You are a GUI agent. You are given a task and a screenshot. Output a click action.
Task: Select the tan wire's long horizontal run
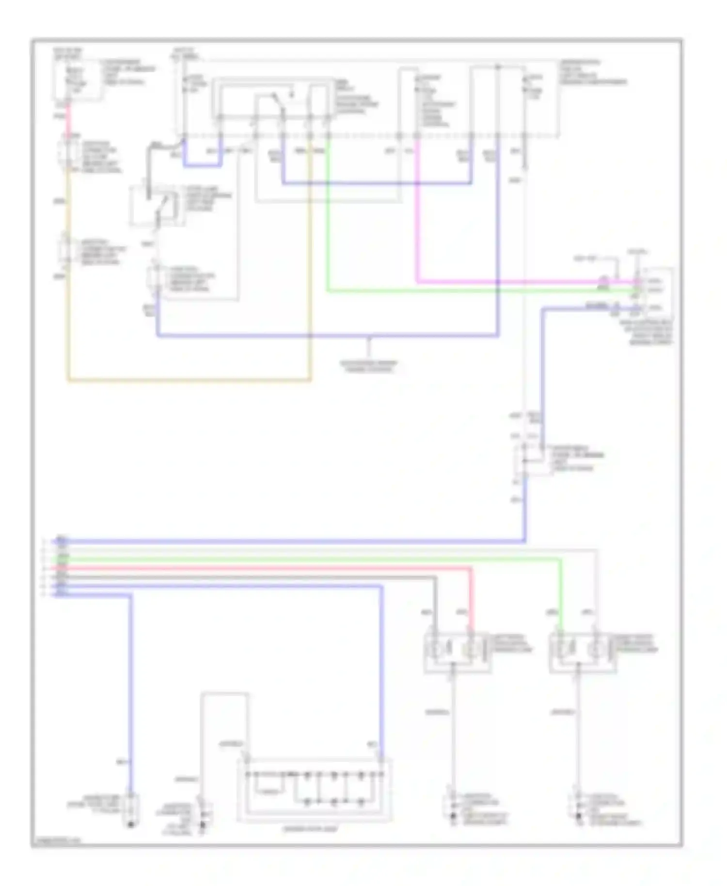pos(189,380)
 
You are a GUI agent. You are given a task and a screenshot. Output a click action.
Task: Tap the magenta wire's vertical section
pos(417,218)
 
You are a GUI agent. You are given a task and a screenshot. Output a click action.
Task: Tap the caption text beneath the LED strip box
pos(310,829)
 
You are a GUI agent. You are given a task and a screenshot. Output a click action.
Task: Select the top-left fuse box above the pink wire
pos(78,80)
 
